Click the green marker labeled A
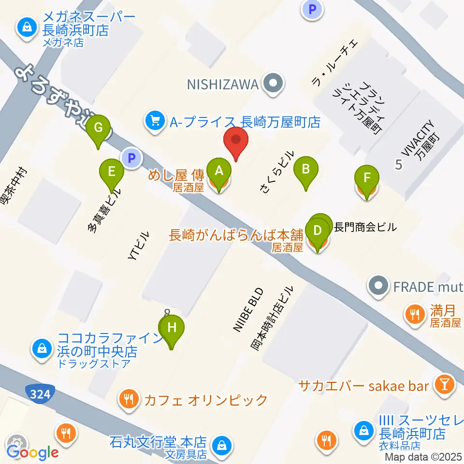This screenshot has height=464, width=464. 219,170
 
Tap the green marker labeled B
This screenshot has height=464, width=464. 305,169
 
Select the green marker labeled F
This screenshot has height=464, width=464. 367,177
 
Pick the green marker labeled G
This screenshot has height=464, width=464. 98,128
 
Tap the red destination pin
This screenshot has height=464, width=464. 236,141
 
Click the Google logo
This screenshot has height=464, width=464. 32,453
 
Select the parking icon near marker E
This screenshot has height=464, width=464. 131,158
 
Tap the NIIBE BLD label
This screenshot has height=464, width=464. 248,310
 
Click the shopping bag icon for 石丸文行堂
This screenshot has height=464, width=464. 222,443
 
